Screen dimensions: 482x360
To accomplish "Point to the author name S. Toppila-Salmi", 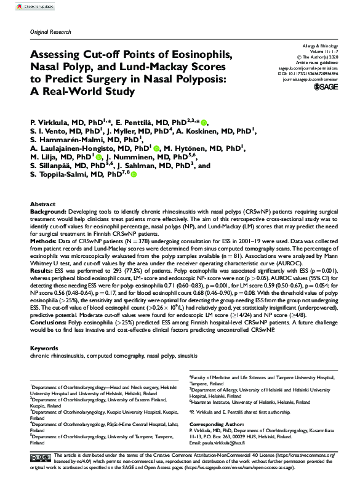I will click(62, 174).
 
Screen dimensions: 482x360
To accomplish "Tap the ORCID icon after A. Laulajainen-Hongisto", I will click(157, 148).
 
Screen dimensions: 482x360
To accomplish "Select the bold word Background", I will click(48, 211).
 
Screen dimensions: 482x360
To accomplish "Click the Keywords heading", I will click(44, 348).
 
